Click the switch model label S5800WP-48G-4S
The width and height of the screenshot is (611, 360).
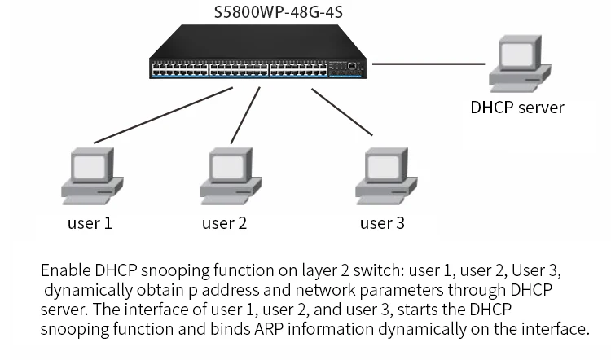coord(279,12)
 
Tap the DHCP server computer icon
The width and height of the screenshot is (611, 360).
coord(520,64)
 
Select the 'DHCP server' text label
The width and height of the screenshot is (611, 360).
coord(517,108)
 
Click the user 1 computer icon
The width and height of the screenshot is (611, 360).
coord(92,176)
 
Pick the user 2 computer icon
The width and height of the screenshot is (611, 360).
coord(231,176)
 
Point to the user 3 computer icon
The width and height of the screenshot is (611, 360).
coord(386,176)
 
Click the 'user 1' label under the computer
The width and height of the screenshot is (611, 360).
coord(90,223)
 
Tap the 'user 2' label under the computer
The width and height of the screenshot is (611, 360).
coord(224,223)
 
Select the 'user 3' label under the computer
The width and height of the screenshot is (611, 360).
coord(382,223)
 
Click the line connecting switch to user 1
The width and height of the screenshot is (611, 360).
coord(163,116)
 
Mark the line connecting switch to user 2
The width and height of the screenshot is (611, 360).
coord(245,116)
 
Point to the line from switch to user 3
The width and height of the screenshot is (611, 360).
coord(341,112)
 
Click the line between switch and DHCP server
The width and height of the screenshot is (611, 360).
coord(429,64)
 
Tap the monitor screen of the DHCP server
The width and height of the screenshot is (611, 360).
coord(516,55)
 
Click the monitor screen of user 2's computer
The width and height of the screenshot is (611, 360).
coord(227,168)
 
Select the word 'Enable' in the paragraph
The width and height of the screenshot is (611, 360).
coord(65,270)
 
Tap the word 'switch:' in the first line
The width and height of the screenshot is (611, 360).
coord(379,270)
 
